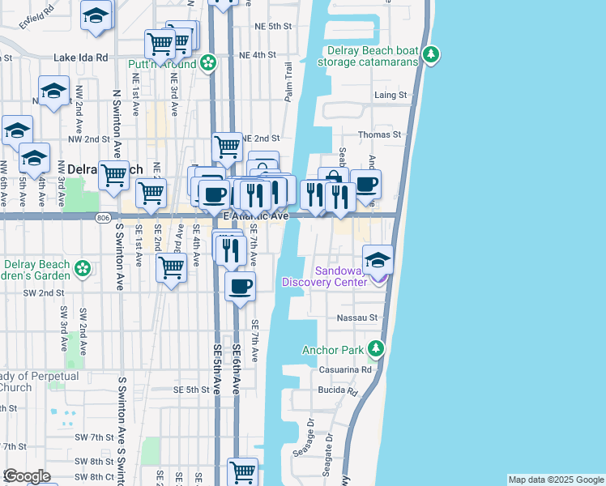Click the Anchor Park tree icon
click(x=375, y=350)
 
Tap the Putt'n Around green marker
click(x=208, y=62)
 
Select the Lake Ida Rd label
click(x=81, y=58)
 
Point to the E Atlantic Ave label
click(x=256, y=216)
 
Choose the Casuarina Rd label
click(x=348, y=369)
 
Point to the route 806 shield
click(x=102, y=218)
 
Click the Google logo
click(x=27, y=476)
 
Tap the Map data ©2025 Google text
click(x=556, y=480)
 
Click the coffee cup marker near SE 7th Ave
click(x=240, y=286)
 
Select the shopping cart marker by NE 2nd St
click(x=228, y=147)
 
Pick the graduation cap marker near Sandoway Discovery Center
click(x=378, y=260)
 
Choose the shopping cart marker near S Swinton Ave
click(x=114, y=174)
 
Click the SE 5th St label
click(x=191, y=390)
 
